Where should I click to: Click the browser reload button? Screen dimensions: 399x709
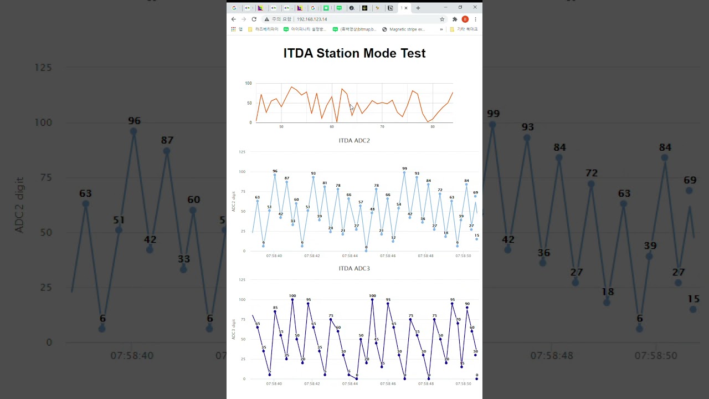[254, 19]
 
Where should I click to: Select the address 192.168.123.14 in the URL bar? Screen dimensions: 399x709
[311, 19]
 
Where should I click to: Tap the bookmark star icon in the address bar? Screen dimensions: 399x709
[442, 19]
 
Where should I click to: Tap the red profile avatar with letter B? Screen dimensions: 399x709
[465, 19]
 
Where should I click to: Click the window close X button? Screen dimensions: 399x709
[475, 8]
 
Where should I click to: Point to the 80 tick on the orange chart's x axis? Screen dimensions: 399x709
[433, 127]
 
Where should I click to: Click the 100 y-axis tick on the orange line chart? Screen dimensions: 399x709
[248, 84]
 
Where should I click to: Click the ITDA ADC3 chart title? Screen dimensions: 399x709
[354, 269]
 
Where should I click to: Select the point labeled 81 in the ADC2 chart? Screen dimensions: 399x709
[325, 187]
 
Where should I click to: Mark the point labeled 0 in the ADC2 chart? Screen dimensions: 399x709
[366, 250]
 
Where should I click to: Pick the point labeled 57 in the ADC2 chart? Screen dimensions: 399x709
[361, 206]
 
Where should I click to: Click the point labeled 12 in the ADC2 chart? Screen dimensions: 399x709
[393, 242]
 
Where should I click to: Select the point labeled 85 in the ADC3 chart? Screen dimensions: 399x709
[275, 311]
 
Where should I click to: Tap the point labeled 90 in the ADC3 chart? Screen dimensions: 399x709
[467, 308]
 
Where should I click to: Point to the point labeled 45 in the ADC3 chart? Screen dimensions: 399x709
[376, 343]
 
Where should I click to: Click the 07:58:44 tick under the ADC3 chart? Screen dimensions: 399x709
[350, 383]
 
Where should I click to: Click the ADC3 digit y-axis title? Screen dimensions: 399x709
[234, 329]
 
